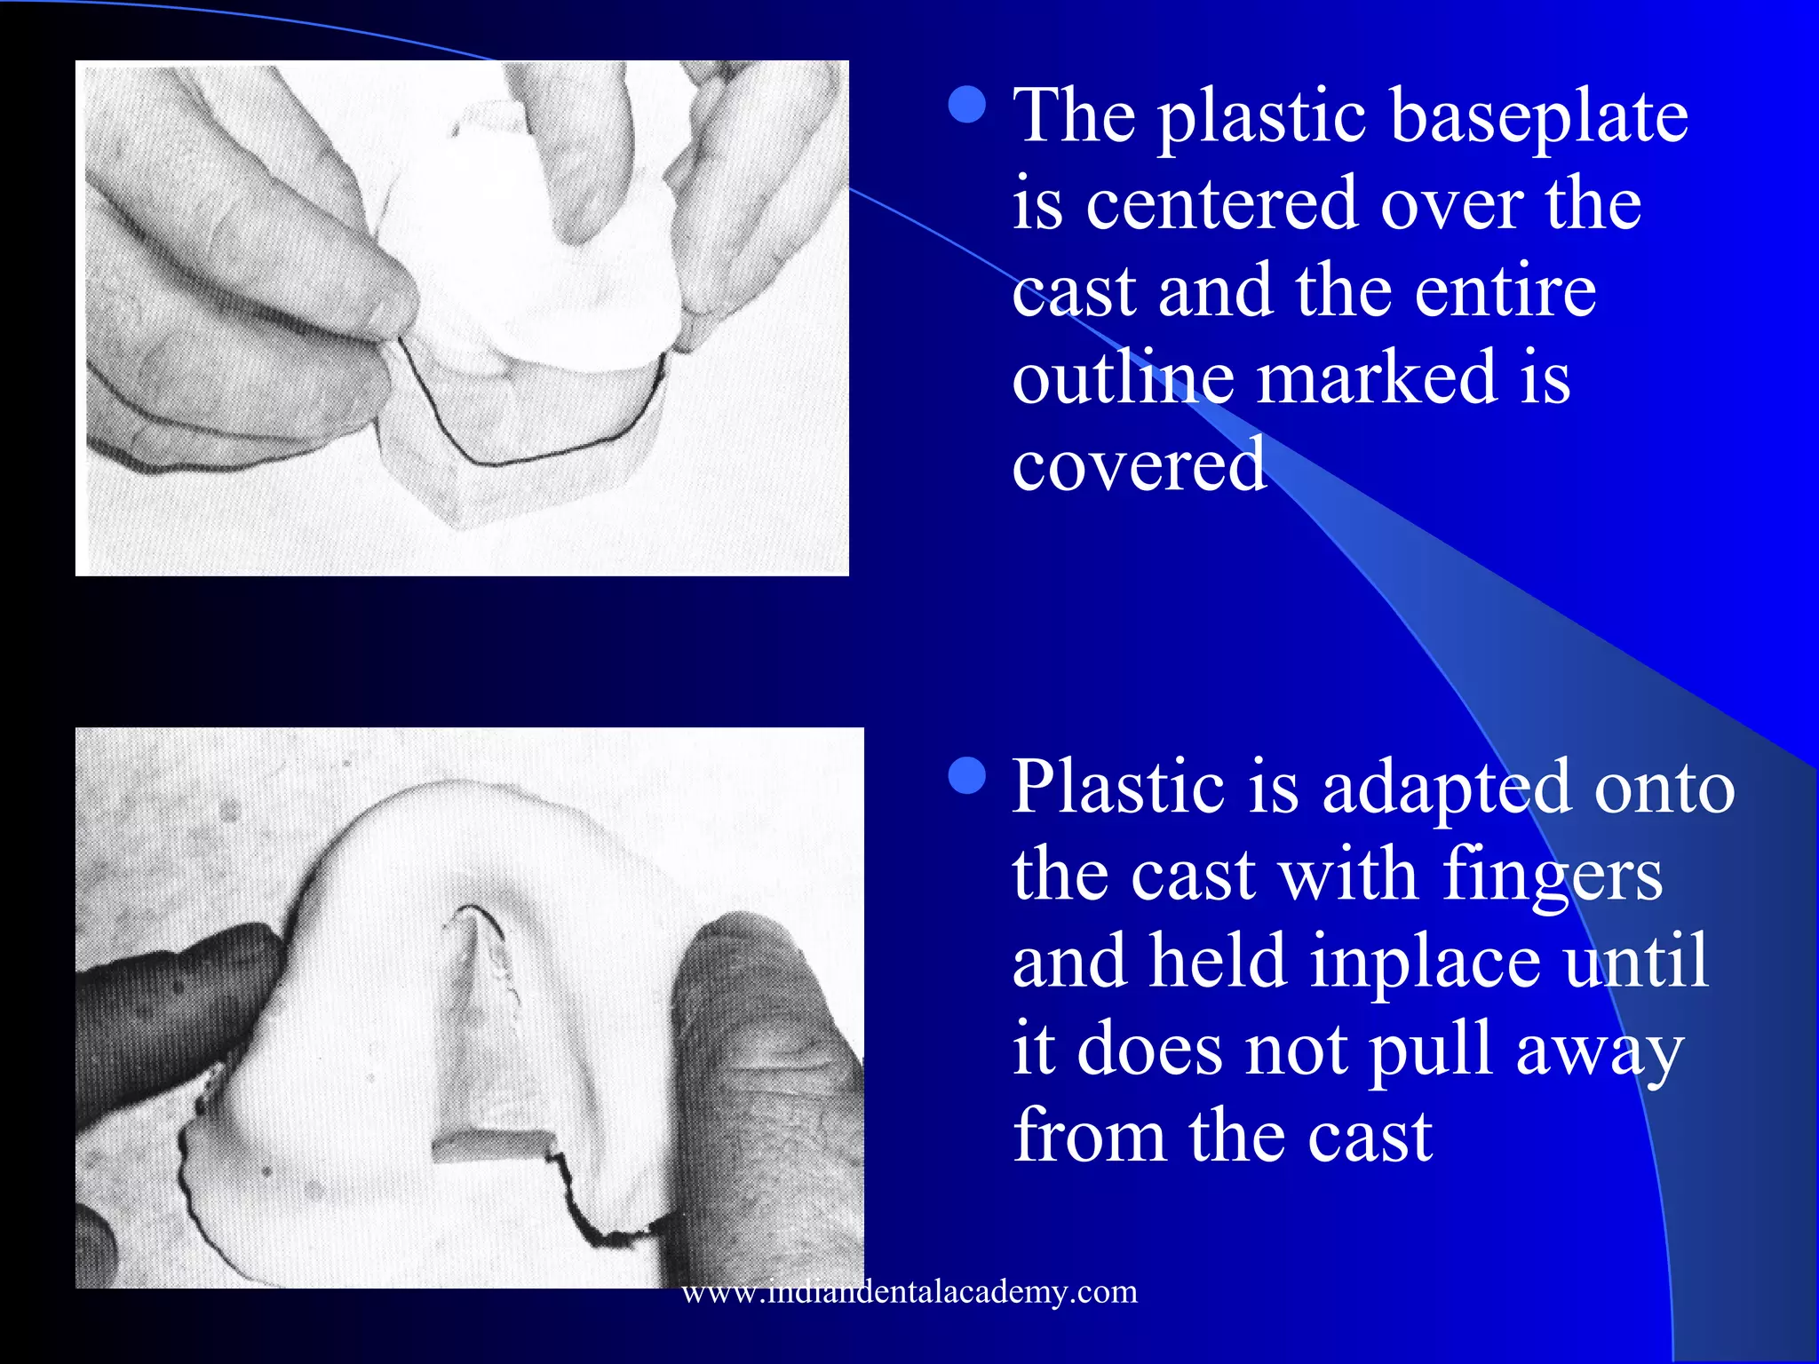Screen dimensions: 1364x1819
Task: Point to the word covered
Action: pos(1140,465)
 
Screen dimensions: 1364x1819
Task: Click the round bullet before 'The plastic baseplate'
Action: pos(967,104)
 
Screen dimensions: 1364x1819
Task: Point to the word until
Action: pos(1636,962)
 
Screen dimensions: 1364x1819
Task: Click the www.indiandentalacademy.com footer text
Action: pos(909,1291)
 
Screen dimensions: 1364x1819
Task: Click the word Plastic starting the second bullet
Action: pos(1117,788)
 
